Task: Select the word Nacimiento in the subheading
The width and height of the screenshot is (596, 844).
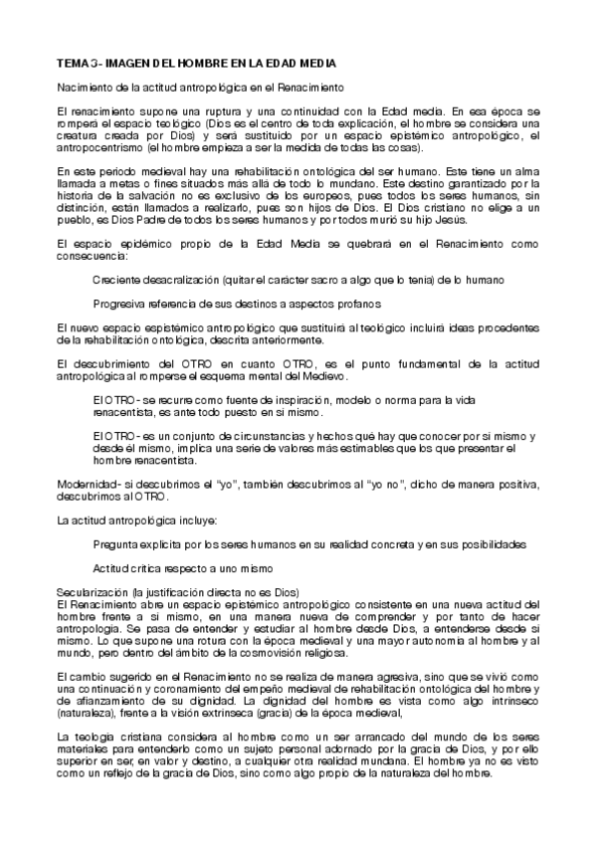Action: click(x=81, y=88)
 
